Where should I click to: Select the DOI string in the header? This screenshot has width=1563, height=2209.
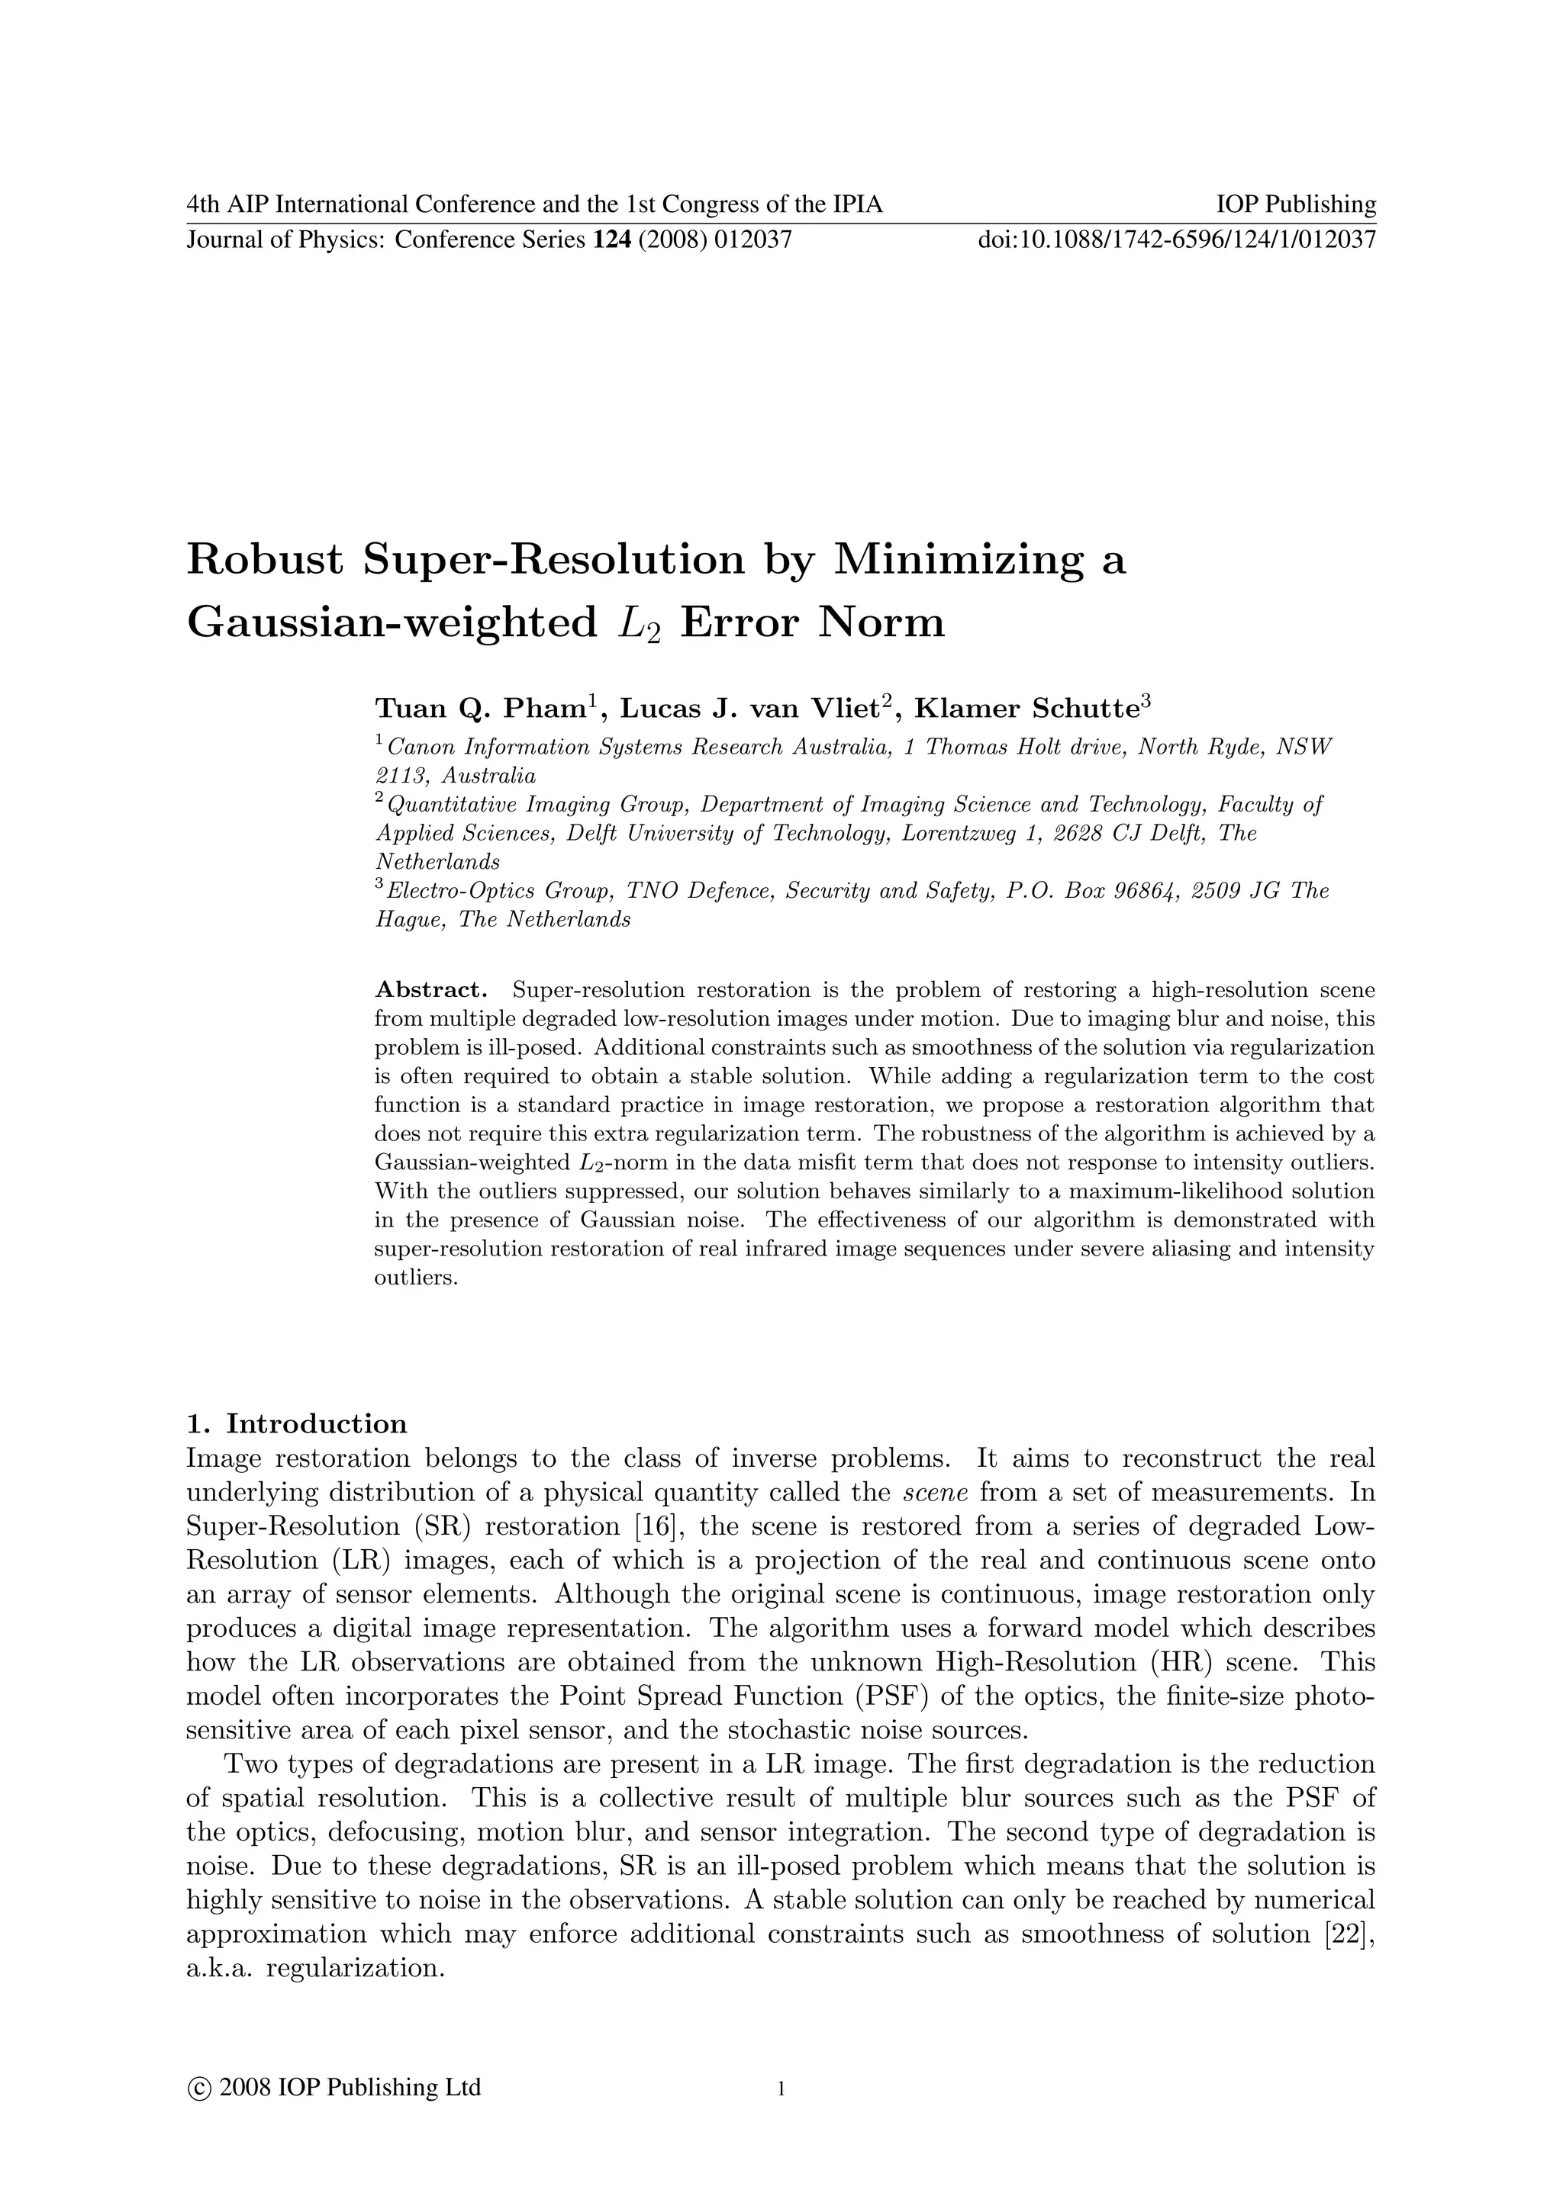(x=1176, y=240)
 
